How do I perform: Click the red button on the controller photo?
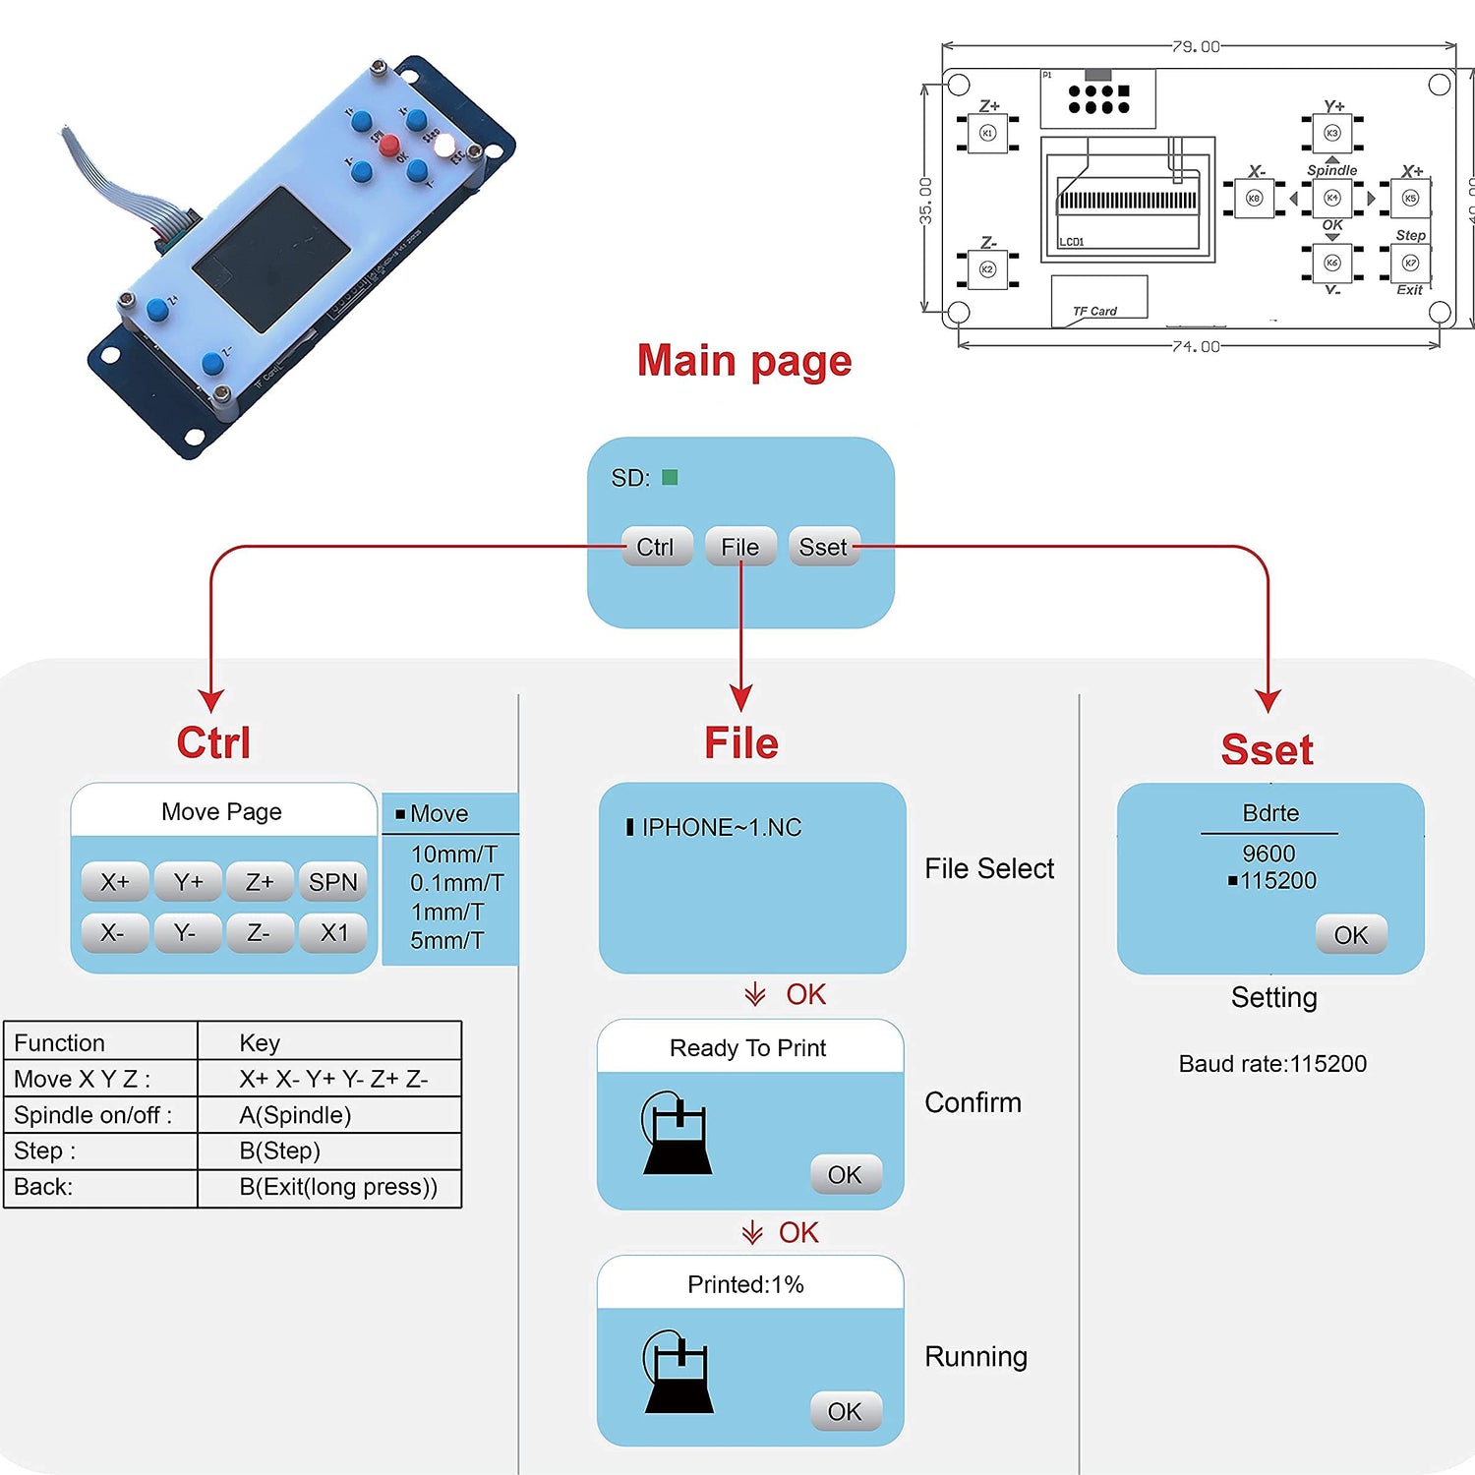tap(389, 147)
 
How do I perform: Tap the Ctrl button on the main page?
tap(656, 547)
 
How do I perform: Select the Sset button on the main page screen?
tap(823, 547)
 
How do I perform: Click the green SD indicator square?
tap(670, 478)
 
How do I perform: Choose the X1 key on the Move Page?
tap(334, 932)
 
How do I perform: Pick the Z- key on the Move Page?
tap(259, 932)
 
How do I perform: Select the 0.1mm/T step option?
tap(456, 883)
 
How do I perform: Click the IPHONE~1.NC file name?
tap(721, 828)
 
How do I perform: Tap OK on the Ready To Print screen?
tap(845, 1174)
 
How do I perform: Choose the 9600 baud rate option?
tap(1268, 854)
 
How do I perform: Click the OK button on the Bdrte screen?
tap(1350, 935)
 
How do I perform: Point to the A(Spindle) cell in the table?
tap(295, 1115)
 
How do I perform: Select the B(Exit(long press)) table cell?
tap(337, 1187)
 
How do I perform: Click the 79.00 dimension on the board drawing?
tap(1196, 46)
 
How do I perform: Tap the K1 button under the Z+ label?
tap(988, 133)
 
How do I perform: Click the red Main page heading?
tap(744, 361)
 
